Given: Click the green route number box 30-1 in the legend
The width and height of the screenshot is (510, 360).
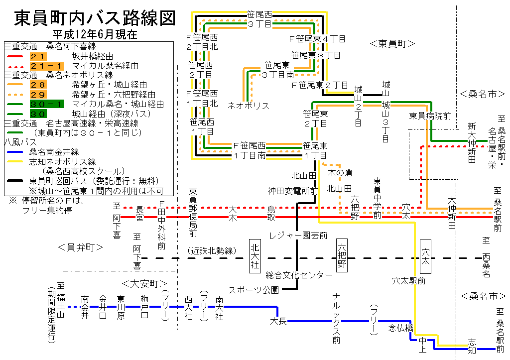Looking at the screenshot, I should point(46,104).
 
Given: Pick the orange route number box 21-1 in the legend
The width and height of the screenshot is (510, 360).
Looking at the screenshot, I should point(46,66).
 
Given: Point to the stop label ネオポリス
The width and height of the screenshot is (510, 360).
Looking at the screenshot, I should point(249,106).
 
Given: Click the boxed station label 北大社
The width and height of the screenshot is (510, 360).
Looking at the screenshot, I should point(255,255).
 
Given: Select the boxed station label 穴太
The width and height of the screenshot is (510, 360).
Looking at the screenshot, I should point(425,255).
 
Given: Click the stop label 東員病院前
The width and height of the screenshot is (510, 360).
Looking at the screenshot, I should point(430,116).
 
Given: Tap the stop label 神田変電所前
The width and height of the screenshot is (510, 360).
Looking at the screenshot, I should point(292,191).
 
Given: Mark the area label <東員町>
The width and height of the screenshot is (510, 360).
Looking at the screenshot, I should point(392,44).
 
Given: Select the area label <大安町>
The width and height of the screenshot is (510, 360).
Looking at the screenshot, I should point(144,284).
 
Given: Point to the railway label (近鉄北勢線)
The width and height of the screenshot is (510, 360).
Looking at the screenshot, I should point(211,250).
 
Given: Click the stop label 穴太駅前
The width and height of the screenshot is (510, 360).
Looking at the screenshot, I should point(408,281).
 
